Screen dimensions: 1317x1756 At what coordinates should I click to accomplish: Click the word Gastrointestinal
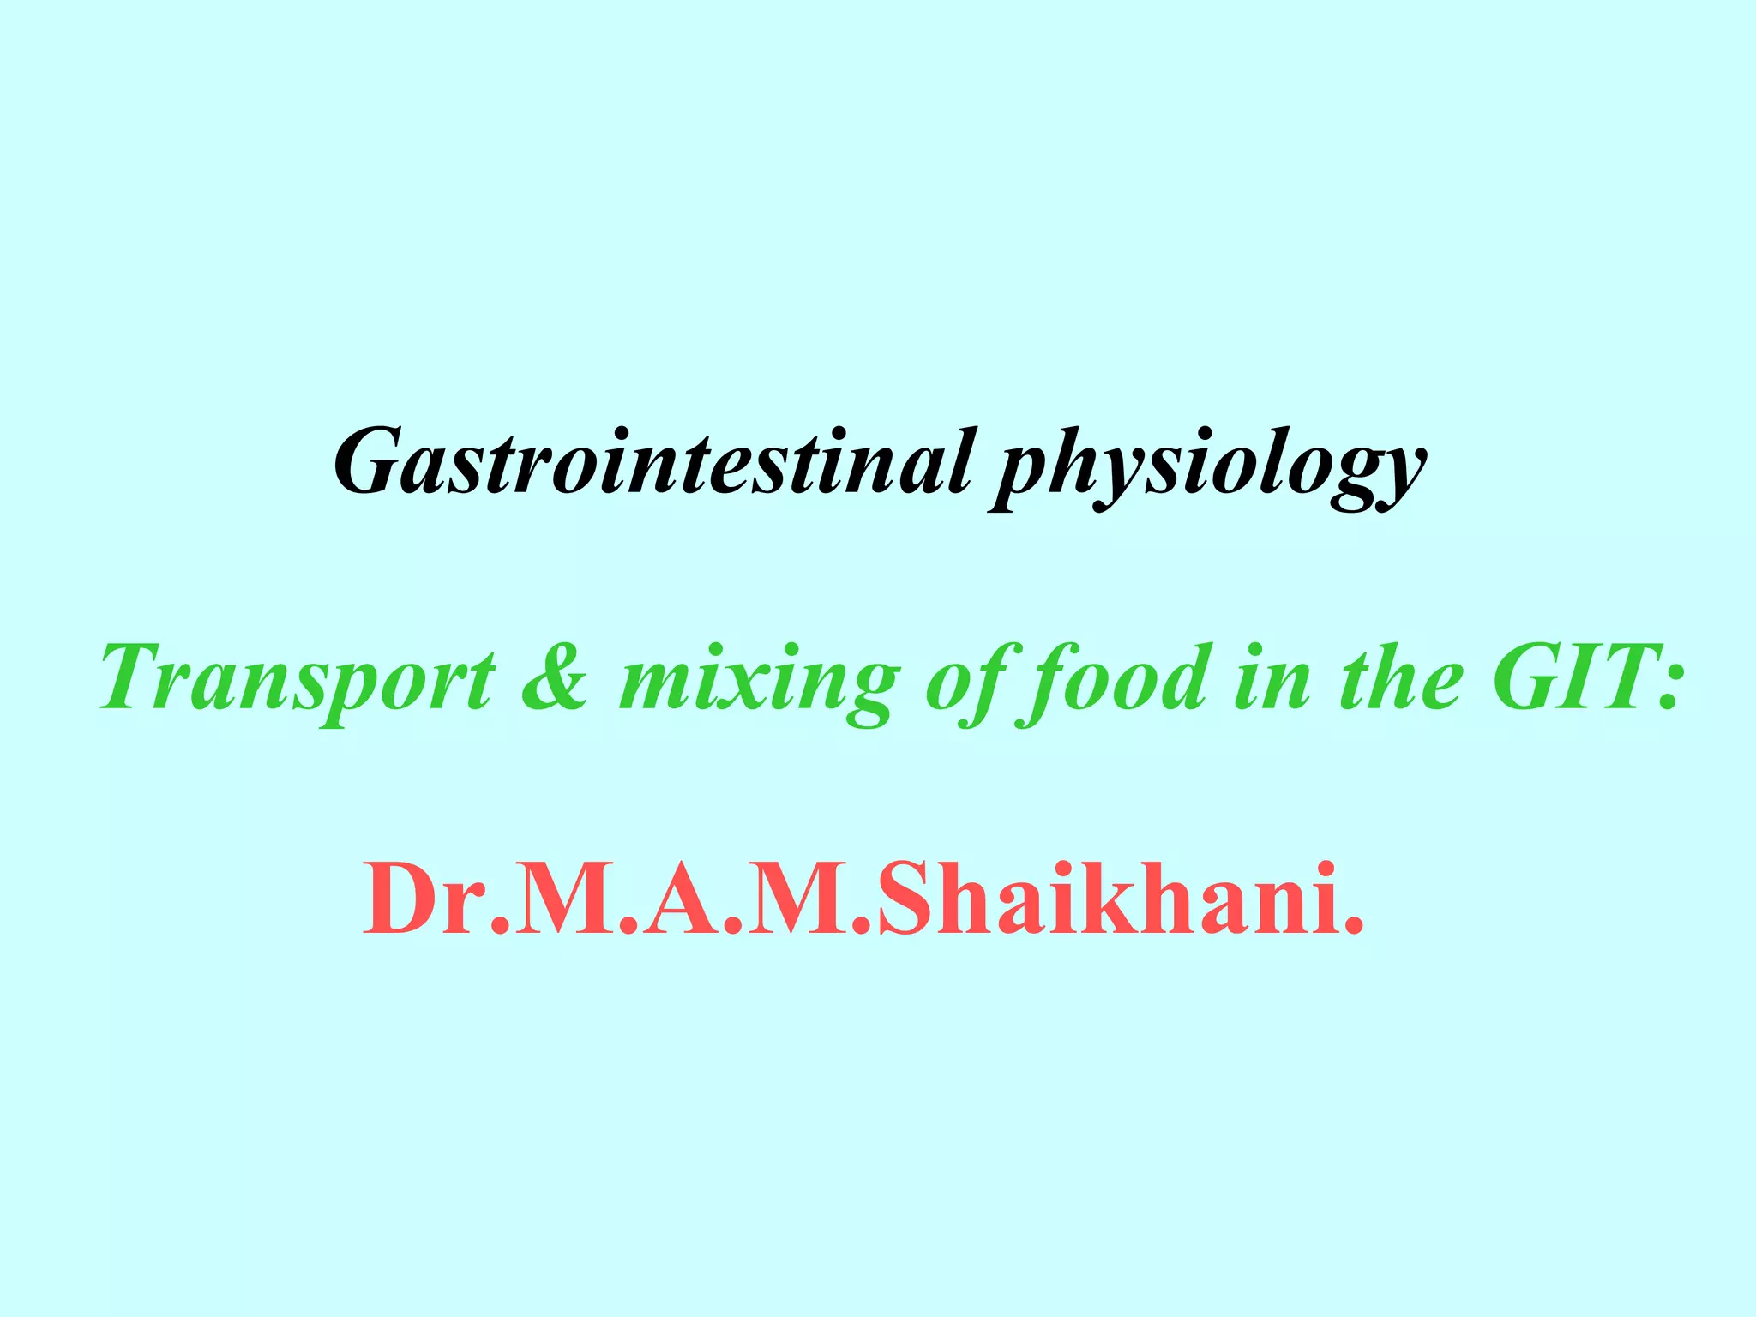(652, 463)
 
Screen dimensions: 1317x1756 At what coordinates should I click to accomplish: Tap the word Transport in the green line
(297, 679)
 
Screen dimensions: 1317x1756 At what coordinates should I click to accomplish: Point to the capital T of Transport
(137, 677)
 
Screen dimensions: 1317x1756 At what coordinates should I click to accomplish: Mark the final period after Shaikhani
(1353, 926)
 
